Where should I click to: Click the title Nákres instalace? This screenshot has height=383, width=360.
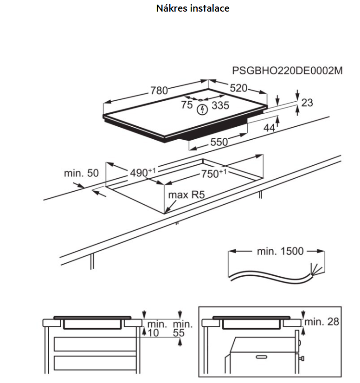193,8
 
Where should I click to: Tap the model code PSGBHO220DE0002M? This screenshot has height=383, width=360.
287,71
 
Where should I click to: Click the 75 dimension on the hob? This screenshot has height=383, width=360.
186,106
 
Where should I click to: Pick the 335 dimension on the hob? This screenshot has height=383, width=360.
220,106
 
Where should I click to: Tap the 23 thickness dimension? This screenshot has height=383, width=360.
307,103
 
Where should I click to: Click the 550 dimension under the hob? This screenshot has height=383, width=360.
219,143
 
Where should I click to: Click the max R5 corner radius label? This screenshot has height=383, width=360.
186,195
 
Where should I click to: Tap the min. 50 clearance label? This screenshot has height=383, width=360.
82,174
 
